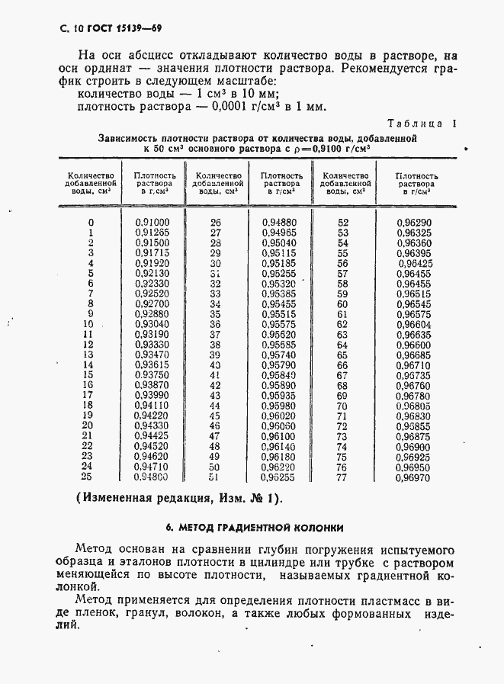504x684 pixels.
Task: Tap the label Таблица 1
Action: tap(422, 124)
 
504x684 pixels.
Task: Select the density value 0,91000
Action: tap(152, 222)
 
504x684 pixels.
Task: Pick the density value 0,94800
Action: tap(152, 477)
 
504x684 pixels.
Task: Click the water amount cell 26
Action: tap(215, 222)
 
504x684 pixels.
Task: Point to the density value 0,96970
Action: tap(413, 477)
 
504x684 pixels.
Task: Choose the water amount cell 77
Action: tap(342, 477)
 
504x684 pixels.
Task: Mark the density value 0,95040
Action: tap(278, 242)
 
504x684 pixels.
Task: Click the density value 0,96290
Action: tap(413, 222)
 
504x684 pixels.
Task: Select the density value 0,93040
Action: tap(152, 324)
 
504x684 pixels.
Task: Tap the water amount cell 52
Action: tap(342, 222)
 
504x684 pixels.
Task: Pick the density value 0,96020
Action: tap(278, 416)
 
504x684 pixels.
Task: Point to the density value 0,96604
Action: tap(413, 324)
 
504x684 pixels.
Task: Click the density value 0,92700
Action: tap(152, 303)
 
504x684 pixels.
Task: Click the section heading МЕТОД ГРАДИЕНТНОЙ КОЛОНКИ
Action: tap(254, 527)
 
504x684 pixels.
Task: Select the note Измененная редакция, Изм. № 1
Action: tap(178, 499)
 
